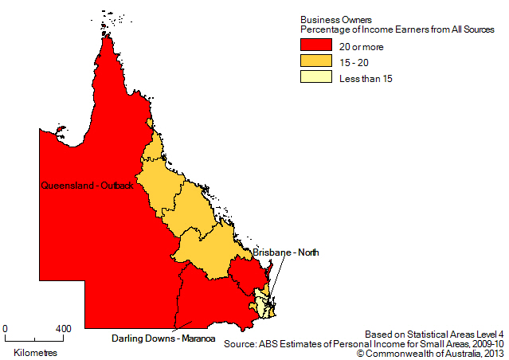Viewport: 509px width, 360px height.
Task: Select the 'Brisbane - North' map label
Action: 286,252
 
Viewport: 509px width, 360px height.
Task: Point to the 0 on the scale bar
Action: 6,328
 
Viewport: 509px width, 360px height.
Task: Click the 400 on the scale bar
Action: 64,328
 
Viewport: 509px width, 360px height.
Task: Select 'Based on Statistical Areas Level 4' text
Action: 435,334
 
